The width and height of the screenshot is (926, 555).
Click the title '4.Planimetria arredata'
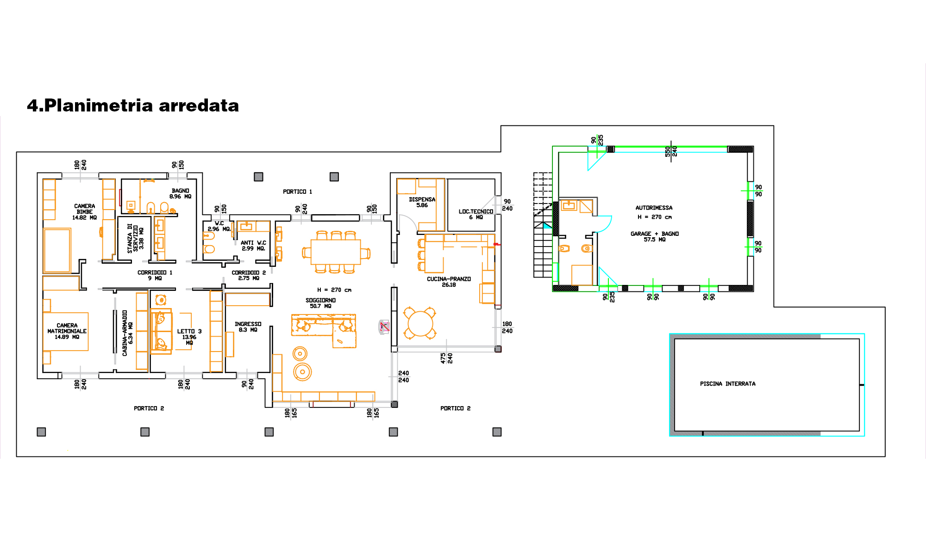[133, 105]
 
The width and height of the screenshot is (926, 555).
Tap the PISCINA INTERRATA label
[727, 384]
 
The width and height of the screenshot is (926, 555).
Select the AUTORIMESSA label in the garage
[654, 208]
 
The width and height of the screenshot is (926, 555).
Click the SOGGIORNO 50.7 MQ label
[320, 303]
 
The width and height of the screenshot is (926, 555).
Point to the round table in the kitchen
[420, 323]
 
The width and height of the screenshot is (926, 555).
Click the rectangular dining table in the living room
[336, 252]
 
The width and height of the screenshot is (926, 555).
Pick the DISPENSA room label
[422, 202]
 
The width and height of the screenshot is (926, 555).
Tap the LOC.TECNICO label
[476, 214]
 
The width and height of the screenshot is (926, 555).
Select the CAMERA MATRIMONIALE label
[67, 331]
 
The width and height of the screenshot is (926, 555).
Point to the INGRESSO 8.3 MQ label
[248, 327]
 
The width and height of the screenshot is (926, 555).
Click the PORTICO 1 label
[297, 191]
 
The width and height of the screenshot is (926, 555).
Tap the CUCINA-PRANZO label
[449, 282]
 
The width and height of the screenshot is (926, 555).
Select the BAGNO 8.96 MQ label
[180, 193]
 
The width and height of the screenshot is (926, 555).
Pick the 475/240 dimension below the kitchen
[446, 358]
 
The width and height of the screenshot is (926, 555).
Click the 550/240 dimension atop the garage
[671, 151]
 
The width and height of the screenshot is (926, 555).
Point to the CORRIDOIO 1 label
[155, 275]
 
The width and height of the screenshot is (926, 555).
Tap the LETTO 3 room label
[189, 337]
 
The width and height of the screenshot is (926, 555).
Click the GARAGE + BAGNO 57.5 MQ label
[654, 236]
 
